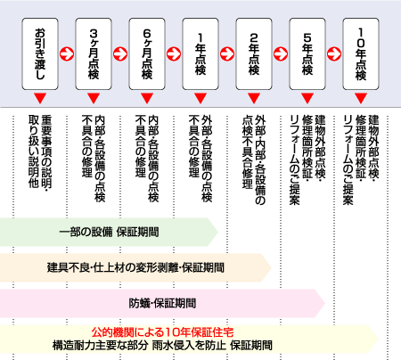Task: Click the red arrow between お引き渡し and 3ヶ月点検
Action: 68,52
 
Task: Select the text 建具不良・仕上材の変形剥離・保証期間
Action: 135,266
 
